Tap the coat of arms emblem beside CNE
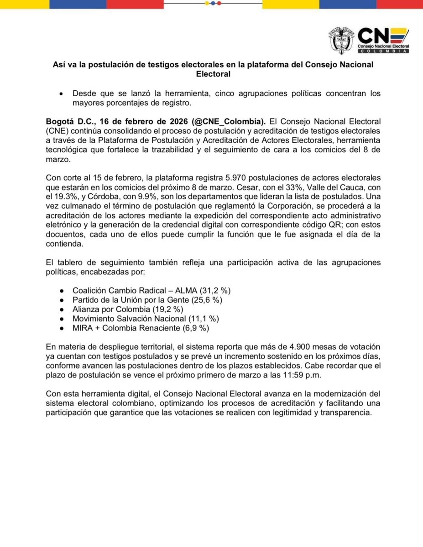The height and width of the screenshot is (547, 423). pyautogui.click(x=341, y=41)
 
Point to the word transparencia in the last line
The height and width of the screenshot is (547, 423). pyautogui.click(x=350, y=413)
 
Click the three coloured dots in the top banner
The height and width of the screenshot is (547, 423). pyautogui.click(x=212, y=3)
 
